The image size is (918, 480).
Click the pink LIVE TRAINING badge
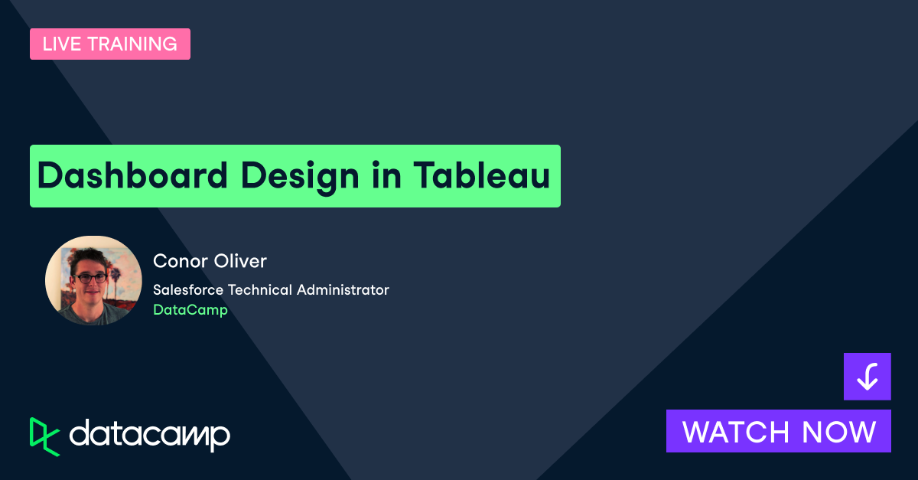click(x=110, y=44)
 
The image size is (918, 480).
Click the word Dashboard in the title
click(x=132, y=176)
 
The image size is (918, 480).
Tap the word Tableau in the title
click(x=482, y=176)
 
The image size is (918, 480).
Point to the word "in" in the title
click(x=387, y=176)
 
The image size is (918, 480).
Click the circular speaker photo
click(x=93, y=281)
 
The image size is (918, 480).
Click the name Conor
click(x=178, y=261)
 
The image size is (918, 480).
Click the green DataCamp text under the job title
click(x=190, y=310)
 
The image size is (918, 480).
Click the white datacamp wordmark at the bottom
click(x=149, y=435)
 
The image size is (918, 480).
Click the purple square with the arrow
click(x=867, y=377)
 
